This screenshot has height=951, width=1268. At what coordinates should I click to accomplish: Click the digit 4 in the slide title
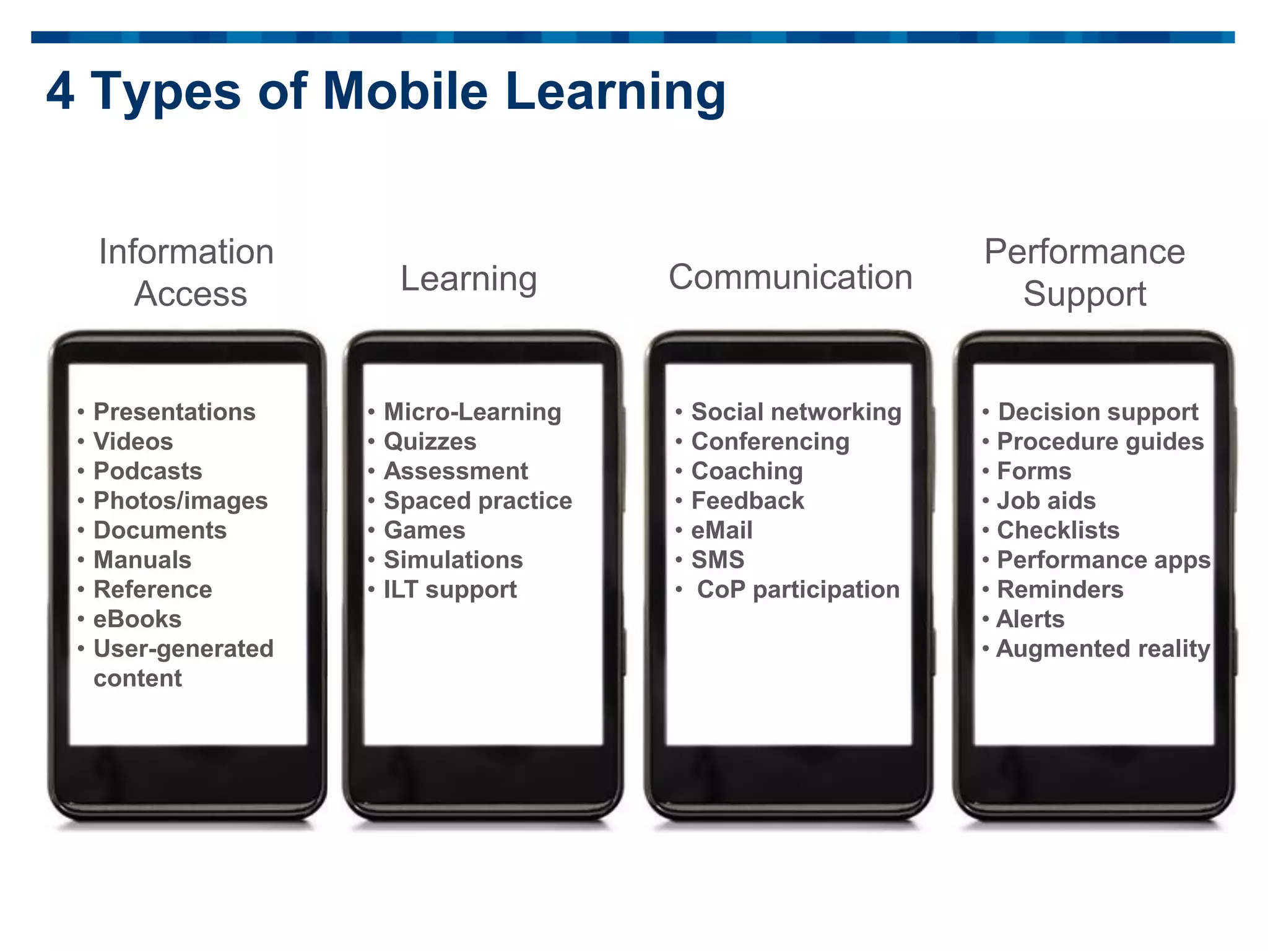pos(61,91)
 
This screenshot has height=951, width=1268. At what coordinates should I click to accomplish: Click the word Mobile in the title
pos(406,91)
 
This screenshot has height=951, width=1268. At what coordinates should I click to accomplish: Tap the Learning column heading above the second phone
pos(469,279)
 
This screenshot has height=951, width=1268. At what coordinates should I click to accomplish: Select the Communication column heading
pos(791,277)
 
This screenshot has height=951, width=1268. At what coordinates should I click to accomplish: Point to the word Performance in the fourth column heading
pos(1085,252)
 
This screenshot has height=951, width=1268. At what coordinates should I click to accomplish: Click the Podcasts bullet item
pos(148,471)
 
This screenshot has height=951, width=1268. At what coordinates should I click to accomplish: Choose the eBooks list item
pos(137,619)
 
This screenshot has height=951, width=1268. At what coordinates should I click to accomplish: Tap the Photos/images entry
pos(180,501)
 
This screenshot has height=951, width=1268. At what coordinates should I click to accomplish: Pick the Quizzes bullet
pos(430,441)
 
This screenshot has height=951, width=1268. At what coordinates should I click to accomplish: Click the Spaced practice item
pos(478,501)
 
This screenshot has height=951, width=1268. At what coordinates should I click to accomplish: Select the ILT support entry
pos(450,589)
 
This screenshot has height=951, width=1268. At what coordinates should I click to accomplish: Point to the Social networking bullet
pos(796,412)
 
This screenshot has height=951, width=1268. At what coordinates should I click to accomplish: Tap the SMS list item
pos(718,560)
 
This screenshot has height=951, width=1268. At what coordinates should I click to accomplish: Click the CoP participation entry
pos(798,589)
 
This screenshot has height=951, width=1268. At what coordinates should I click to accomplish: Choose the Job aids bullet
pos(1046,501)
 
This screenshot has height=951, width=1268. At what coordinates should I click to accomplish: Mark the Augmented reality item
pos(1103,649)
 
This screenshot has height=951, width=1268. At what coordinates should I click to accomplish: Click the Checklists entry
pos(1058,531)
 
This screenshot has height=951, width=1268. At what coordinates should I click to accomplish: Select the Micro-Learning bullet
pos(472,412)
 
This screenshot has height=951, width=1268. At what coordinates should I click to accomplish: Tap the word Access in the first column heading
pos(191,293)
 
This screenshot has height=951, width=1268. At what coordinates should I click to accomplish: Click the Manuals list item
pos(142,560)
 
